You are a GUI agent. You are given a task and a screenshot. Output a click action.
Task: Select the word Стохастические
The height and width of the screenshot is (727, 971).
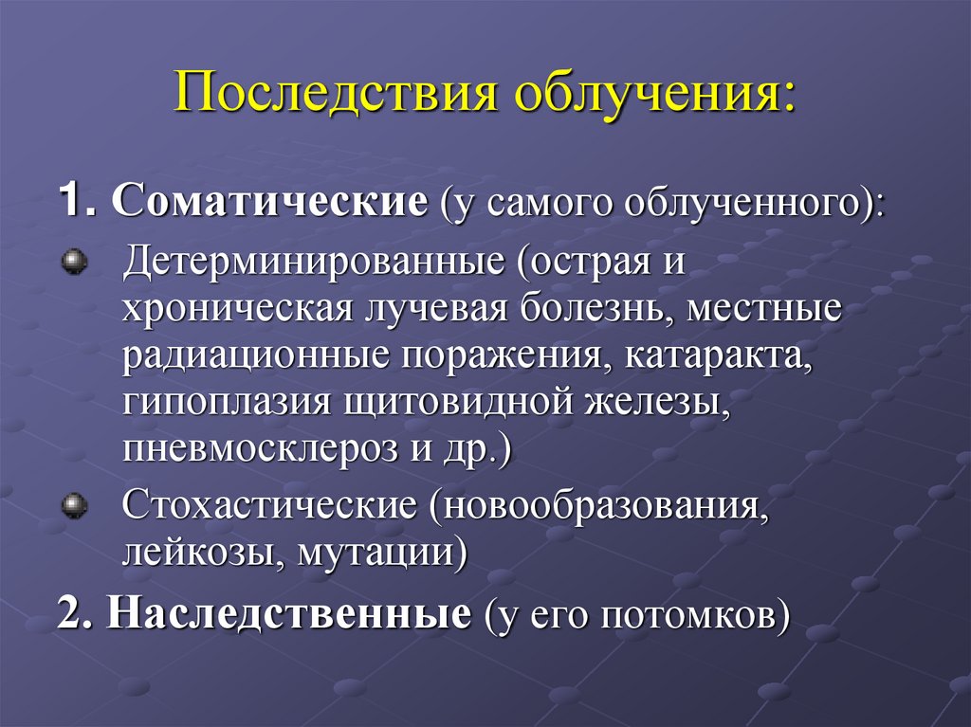[269, 504]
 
